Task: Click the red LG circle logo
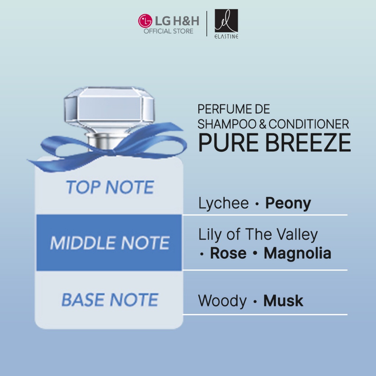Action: point(145,21)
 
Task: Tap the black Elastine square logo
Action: point(226,21)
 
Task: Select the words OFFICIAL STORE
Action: point(168,31)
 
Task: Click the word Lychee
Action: point(224,203)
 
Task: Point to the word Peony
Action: point(288,203)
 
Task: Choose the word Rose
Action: point(228,253)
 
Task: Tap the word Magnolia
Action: point(297,254)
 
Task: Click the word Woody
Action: point(222,301)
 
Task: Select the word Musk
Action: point(283,301)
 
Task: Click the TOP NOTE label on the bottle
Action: point(110,187)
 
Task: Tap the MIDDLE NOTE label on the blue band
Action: point(110,243)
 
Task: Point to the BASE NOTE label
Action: point(110,300)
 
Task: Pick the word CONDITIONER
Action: point(308,124)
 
